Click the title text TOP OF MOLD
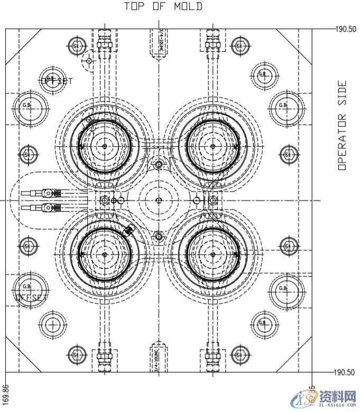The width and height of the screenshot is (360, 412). pos(163,6)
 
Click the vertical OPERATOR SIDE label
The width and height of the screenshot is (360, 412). pos(342,125)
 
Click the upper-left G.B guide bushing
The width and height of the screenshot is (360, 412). pos(27,106)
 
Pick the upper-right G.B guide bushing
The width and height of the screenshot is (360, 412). pos(283,106)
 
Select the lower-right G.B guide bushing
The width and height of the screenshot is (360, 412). pos(283,288)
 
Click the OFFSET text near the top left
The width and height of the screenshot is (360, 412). pos(57,81)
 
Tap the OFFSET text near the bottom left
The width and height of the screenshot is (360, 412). pos(31,298)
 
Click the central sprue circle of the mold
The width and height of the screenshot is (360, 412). pos(159,200)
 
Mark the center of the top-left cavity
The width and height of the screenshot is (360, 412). pos(105,145)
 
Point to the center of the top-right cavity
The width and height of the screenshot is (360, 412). pos(213,145)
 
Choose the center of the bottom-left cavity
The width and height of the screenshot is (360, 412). pos(105,254)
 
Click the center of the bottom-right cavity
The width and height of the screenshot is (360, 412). pos(213,254)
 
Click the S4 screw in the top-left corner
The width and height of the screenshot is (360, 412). pos(77,46)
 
